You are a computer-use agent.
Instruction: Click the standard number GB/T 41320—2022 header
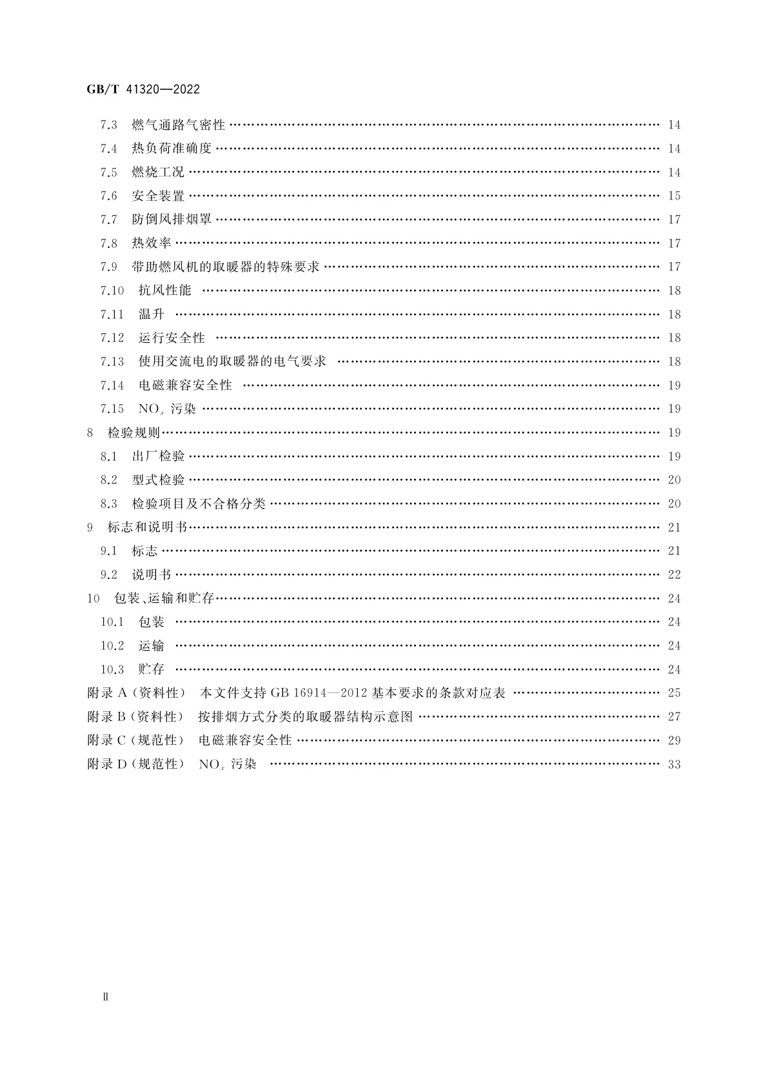[143, 90]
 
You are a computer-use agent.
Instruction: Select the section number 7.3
[109, 125]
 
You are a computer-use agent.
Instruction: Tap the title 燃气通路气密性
[178, 125]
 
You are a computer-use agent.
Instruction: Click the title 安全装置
[158, 196]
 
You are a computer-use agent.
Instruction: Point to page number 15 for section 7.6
[674, 196]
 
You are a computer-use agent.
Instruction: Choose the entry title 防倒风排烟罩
[172, 219]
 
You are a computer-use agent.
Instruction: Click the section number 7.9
[109, 267]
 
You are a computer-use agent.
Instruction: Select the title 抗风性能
[165, 290]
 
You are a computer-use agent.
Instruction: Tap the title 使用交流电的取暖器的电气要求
[232, 361]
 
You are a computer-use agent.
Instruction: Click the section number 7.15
[112, 409]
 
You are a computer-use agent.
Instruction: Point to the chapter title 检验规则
[133, 432]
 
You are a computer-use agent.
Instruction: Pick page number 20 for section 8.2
[674, 480]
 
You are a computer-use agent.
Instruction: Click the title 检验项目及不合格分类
[199, 503]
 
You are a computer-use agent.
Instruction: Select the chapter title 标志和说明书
[147, 527]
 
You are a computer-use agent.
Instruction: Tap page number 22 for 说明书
[674, 575]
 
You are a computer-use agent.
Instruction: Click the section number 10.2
[112, 646]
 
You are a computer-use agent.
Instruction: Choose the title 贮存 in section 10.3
[152, 669]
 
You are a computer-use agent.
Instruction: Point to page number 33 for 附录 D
[674, 765]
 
